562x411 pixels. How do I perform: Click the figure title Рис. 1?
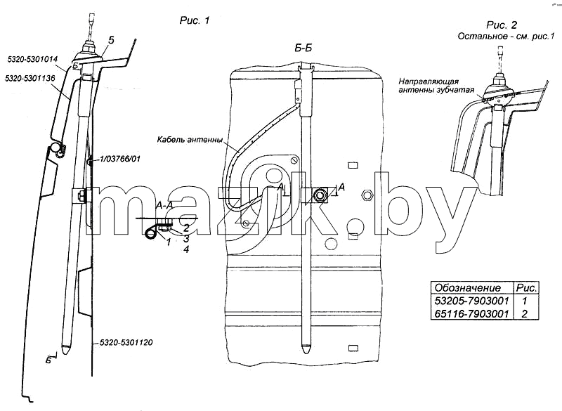(195, 21)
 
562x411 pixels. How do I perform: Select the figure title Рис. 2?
(502, 25)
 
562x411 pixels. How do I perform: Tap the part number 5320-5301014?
(32, 59)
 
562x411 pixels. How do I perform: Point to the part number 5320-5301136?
(30, 78)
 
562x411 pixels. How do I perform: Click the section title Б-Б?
(303, 48)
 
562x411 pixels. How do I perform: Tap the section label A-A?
(164, 205)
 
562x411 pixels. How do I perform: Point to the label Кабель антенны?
(190, 139)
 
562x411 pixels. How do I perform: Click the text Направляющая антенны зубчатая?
(436, 86)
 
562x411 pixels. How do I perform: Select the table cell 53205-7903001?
(471, 300)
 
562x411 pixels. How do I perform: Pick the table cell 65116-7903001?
(471, 313)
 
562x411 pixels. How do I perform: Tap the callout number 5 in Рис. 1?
(111, 41)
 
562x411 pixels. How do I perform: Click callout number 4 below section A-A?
(185, 249)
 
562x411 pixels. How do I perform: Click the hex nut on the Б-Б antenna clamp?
(319, 195)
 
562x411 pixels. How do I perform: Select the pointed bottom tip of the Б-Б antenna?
(305, 348)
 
